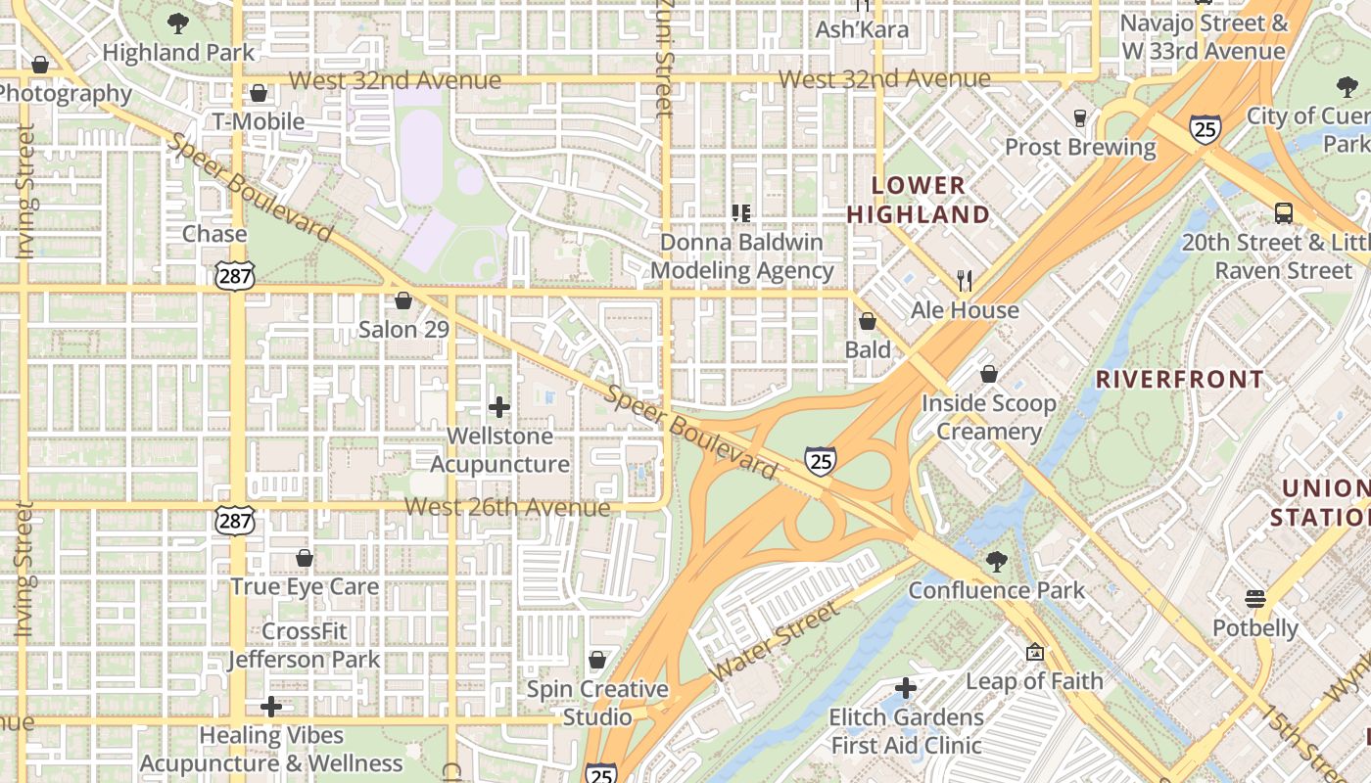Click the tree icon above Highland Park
177,23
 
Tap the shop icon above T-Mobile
259,93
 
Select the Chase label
214,234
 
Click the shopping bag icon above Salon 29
402,300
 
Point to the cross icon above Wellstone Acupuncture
499,406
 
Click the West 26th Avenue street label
507,507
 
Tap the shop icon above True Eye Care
305,558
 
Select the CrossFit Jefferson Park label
305,645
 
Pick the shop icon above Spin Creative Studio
597,660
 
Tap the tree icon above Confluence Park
996,562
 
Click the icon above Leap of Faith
1034,652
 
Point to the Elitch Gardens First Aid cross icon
906,688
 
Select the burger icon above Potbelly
1255,598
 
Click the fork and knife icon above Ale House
965,281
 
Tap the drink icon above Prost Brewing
1080,118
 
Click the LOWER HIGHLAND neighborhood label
918,199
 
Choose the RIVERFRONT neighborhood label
1179,380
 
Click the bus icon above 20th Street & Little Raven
1283,212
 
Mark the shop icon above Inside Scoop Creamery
989,374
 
